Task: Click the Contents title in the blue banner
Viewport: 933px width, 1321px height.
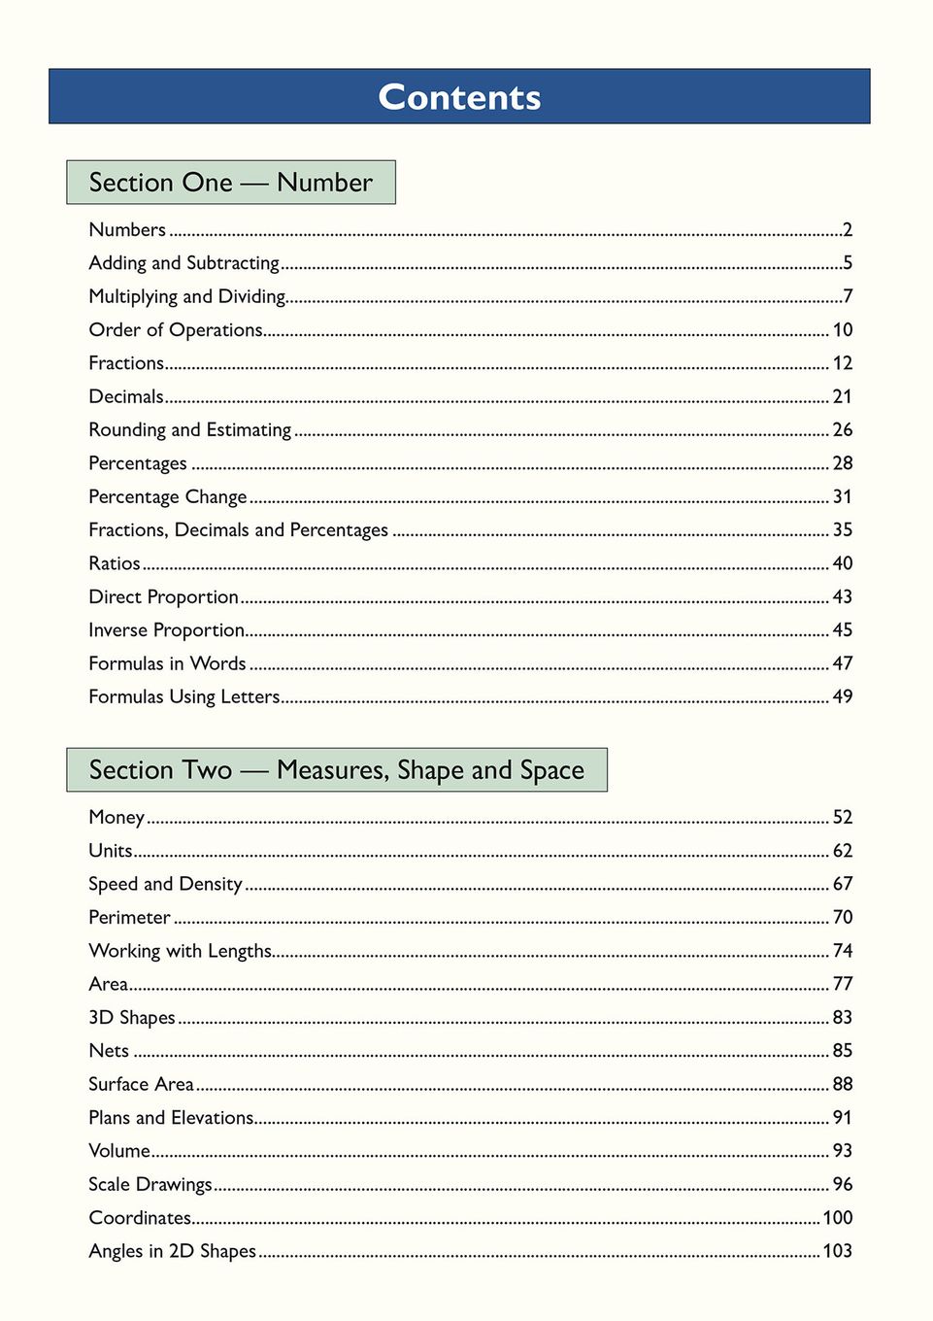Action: (x=459, y=97)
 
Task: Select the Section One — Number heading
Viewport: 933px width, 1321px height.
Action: (x=230, y=183)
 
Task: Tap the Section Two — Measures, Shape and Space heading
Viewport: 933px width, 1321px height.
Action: (x=336, y=770)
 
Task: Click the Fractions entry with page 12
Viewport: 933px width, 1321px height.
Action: (x=126, y=363)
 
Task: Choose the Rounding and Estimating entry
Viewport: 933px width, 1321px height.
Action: (x=189, y=429)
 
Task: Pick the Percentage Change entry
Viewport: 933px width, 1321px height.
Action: (x=167, y=496)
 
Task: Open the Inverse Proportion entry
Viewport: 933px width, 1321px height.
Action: (x=166, y=630)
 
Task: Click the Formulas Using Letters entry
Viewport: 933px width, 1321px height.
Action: (x=183, y=696)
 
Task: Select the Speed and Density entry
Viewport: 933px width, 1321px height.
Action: (x=165, y=884)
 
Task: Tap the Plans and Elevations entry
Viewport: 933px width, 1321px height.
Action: (x=171, y=1118)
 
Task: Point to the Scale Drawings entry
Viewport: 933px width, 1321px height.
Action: (x=150, y=1184)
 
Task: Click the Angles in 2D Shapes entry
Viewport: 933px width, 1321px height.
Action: (x=172, y=1251)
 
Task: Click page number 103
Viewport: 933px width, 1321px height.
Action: (x=837, y=1251)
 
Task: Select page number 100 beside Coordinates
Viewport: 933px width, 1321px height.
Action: (x=837, y=1218)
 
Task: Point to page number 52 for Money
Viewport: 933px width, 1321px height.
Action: (x=842, y=818)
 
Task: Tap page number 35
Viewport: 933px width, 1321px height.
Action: (x=842, y=530)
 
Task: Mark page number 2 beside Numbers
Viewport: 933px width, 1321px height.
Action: (x=848, y=230)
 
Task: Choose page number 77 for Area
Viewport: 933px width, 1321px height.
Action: (x=842, y=984)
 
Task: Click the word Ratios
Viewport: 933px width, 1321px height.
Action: (x=115, y=563)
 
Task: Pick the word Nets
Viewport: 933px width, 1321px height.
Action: (x=109, y=1051)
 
